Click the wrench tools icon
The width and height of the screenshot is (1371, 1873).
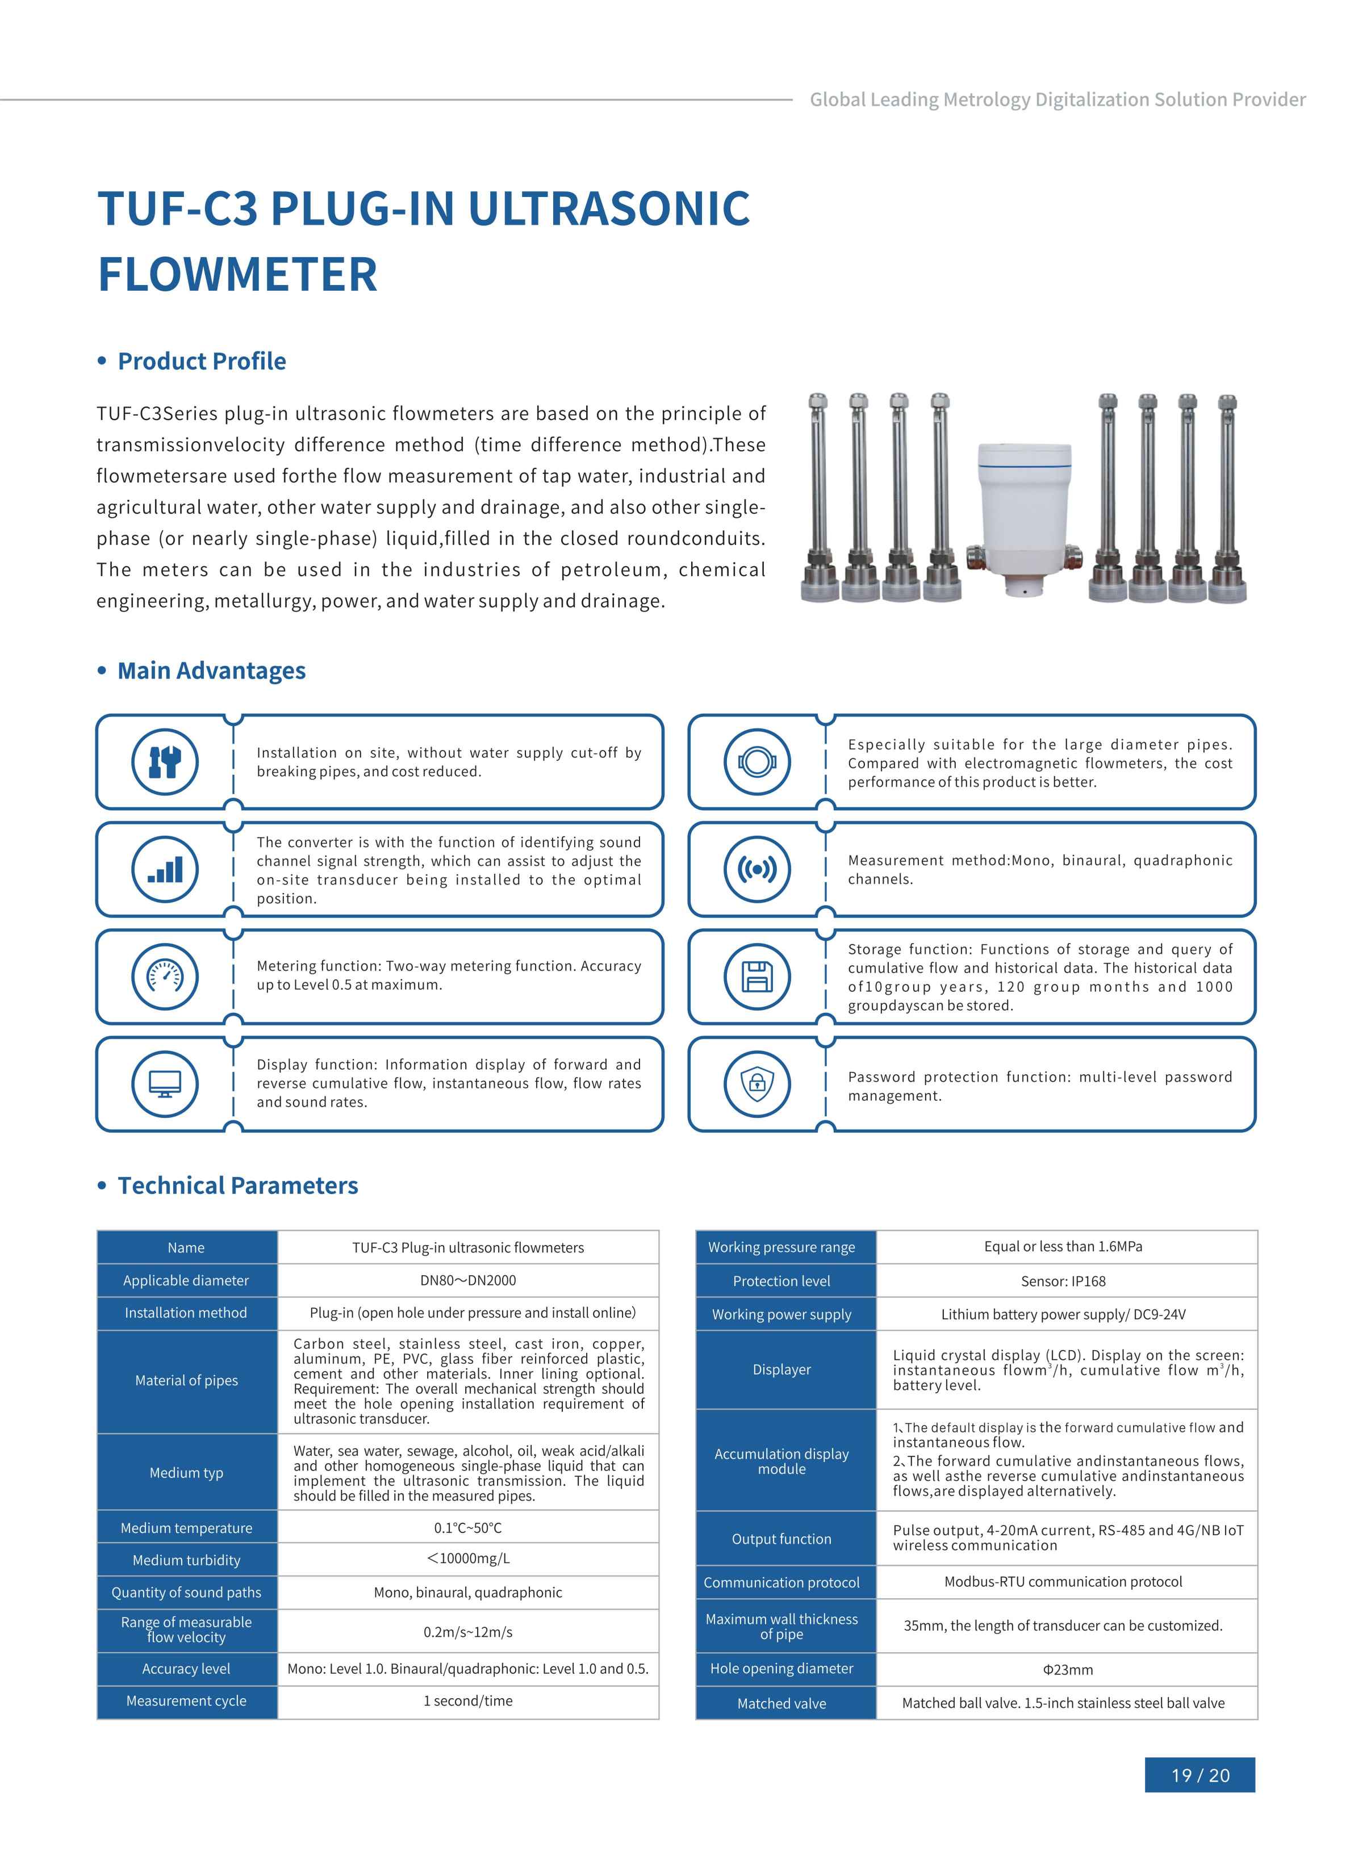(x=165, y=761)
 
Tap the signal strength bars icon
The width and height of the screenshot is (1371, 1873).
(x=165, y=869)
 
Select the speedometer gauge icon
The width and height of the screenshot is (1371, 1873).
(x=165, y=977)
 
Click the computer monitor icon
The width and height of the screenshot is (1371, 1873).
(x=165, y=1083)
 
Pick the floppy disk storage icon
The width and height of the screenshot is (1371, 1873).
(x=757, y=977)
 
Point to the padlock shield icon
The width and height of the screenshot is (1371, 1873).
(x=757, y=1083)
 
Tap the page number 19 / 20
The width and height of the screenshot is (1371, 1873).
(x=1199, y=1775)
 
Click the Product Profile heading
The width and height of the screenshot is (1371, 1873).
(x=202, y=362)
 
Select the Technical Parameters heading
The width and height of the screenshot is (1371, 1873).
(x=237, y=1185)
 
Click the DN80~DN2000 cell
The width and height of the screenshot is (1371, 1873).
(x=468, y=1280)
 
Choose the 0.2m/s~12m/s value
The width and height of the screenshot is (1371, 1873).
(x=468, y=1632)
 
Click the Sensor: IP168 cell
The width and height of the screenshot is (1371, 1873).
(x=1063, y=1281)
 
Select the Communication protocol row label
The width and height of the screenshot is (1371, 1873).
(x=782, y=1582)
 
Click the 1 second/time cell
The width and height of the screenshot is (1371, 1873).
(x=468, y=1700)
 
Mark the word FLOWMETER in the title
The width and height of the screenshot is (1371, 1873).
(x=238, y=275)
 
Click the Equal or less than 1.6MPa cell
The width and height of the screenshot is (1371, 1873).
(x=1063, y=1247)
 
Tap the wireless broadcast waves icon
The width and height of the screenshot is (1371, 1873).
(x=757, y=869)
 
